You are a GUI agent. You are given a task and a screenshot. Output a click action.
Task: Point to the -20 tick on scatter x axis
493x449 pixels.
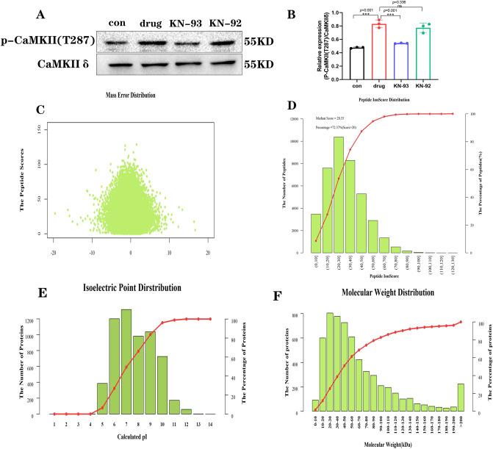pos(54,251)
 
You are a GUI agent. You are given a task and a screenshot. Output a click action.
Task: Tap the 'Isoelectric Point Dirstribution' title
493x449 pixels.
pos(133,286)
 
